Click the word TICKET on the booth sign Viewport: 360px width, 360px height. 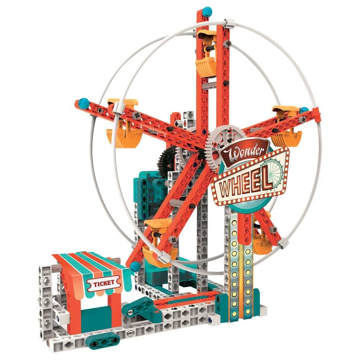pyautogui.click(x=104, y=284)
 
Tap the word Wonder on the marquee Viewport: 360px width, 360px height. pyautogui.click(x=244, y=152)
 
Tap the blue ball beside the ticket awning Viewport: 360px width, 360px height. pyautogui.click(x=135, y=267)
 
